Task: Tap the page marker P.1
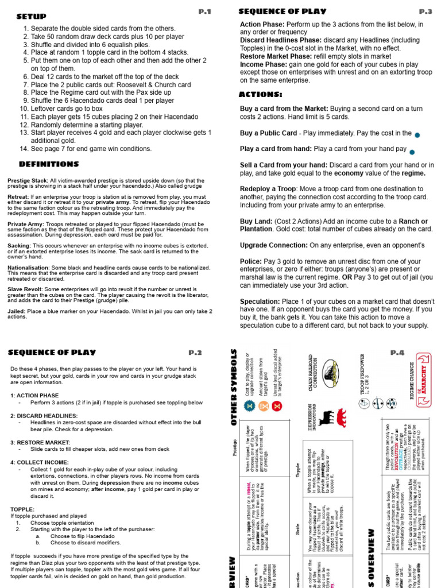click(x=205, y=11)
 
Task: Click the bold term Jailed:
click(x=16, y=311)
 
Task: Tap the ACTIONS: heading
click(x=260, y=94)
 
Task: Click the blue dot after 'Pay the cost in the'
click(x=417, y=134)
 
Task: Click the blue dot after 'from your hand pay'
click(x=412, y=152)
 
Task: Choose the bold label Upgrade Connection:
click(x=273, y=245)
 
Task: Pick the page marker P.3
click(x=425, y=11)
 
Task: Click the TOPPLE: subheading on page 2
click(x=23, y=509)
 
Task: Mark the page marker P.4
click(x=398, y=353)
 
